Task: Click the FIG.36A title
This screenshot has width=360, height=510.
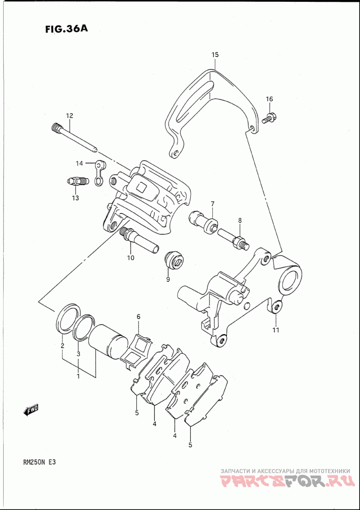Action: [67, 29]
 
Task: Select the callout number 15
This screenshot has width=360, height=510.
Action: [215, 54]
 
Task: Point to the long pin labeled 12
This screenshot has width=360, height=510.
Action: [74, 138]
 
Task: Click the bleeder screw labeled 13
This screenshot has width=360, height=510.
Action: [77, 181]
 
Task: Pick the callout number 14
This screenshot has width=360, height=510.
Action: [80, 163]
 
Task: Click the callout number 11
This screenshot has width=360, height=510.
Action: [276, 330]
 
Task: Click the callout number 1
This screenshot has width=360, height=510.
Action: [78, 376]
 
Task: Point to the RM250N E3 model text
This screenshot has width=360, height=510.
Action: [41, 463]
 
